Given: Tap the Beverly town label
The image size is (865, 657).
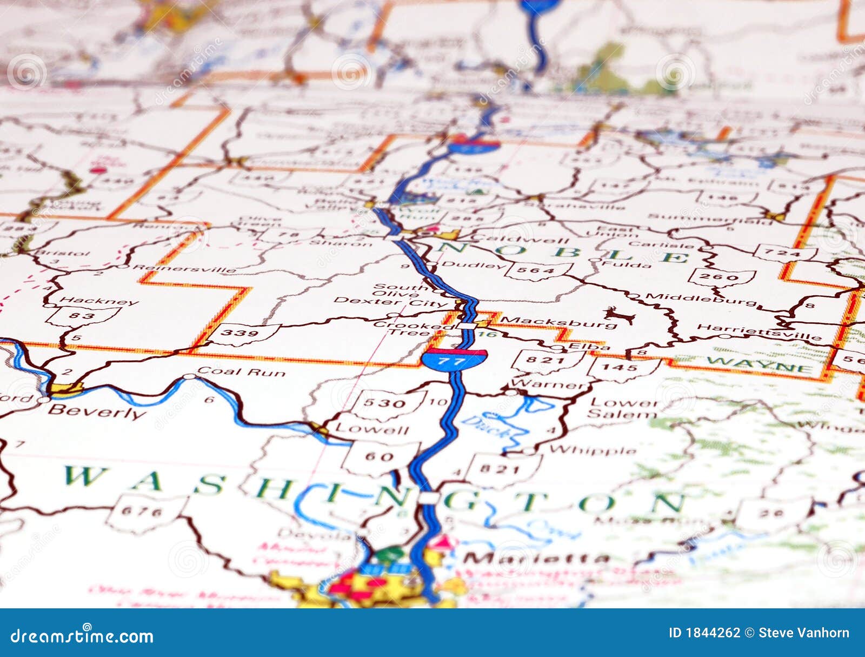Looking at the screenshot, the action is tap(97, 412).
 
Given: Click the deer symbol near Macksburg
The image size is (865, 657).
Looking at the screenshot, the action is tap(620, 315).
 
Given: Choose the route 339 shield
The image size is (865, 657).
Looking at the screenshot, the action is tap(242, 333).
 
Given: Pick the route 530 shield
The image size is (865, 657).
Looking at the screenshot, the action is tap(384, 403).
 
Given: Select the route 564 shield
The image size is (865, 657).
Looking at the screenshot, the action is tap(538, 270).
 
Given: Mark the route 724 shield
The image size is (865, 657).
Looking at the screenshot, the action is tap(785, 253).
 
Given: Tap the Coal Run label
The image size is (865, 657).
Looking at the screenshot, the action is tap(241, 372).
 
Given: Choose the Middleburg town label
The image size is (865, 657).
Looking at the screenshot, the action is tap(701, 299).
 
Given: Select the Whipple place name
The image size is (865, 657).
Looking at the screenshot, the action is tap(593, 450).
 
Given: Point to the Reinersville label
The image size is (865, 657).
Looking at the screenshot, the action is tap(184, 268).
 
